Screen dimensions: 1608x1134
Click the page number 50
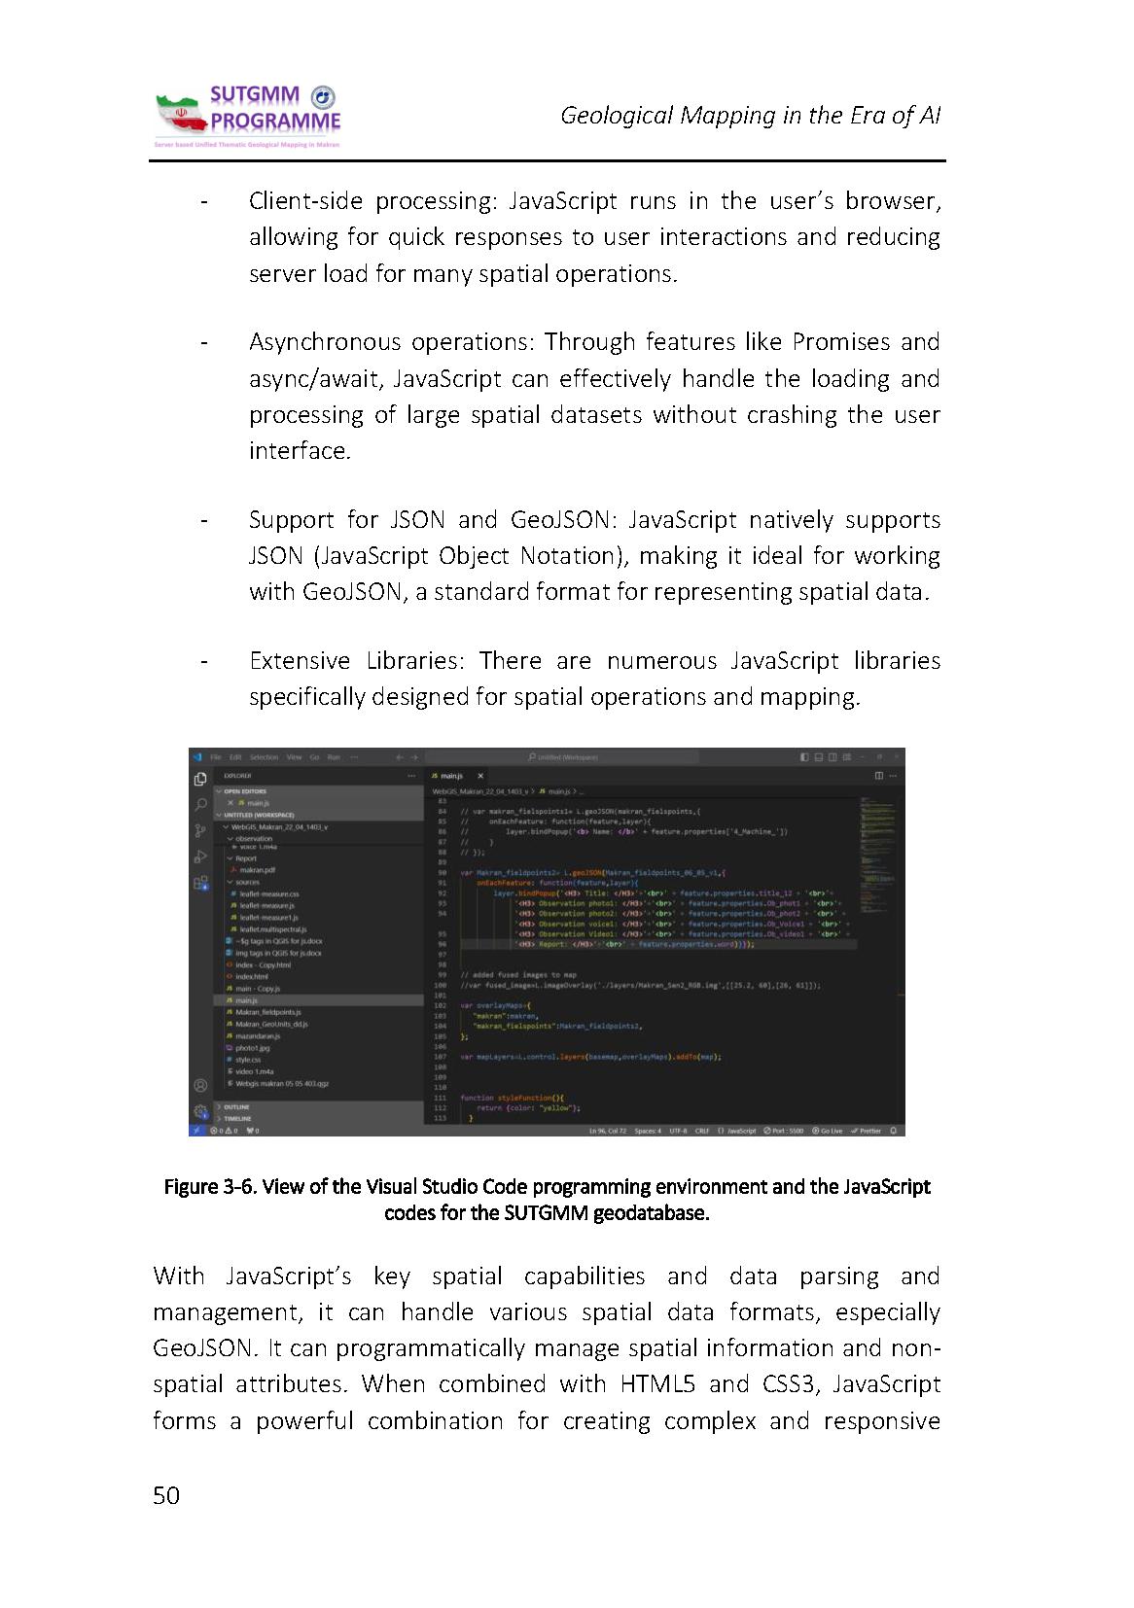[x=166, y=1495]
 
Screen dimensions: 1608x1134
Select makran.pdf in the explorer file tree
[x=257, y=870]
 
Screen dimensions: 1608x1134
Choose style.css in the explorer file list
[x=248, y=1060]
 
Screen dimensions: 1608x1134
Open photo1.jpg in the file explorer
[x=252, y=1048]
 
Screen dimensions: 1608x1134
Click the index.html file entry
[x=251, y=976]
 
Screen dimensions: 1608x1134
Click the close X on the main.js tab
[x=480, y=776]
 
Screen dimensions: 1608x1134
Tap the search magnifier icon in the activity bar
[x=200, y=804]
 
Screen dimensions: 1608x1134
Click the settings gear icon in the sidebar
[x=200, y=1111]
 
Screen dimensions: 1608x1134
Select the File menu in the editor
[x=216, y=756]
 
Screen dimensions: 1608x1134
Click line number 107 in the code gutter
[x=441, y=1056]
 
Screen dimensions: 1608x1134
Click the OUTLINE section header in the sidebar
[x=236, y=1106]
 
